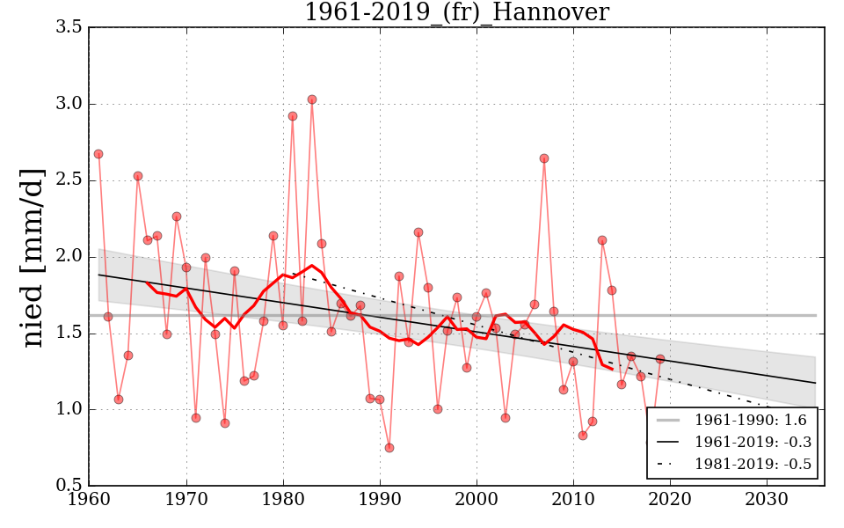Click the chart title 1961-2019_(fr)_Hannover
pyautogui.click(x=456, y=12)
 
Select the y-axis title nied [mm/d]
pyautogui.click(x=33, y=257)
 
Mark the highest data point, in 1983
pyautogui.click(x=312, y=99)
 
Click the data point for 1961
pyautogui.click(x=98, y=154)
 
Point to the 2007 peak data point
pyautogui.click(x=544, y=158)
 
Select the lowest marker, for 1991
pyautogui.click(x=389, y=448)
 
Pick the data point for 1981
pyautogui.click(x=293, y=116)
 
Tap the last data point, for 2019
pyautogui.click(x=660, y=359)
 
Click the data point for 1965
pyautogui.click(x=138, y=176)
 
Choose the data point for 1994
pyautogui.click(x=418, y=232)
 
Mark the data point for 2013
pyautogui.click(x=602, y=240)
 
